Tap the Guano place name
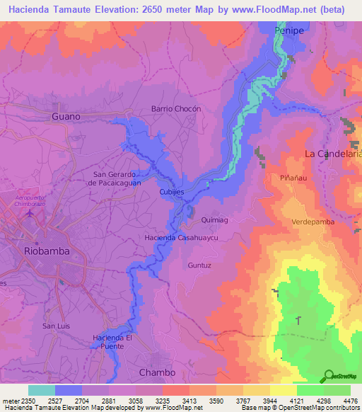tap(66, 115)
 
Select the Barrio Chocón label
tap(177, 109)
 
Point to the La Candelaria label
tap(332, 153)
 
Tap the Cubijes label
tap(172, 192)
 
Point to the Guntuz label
tap(199, 265)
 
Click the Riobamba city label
tap(45, 251)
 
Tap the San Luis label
tap(57, 326)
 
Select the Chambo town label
tap(157, 372)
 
